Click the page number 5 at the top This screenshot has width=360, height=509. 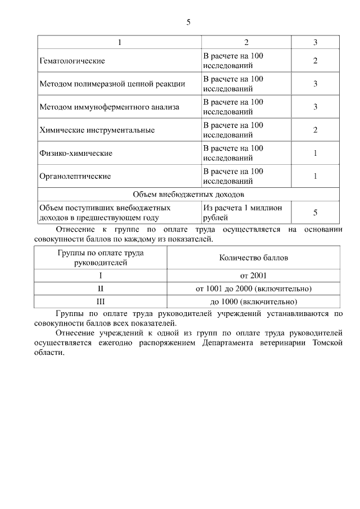click(x=188, y=22)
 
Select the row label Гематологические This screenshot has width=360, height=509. click(x=72, y=61)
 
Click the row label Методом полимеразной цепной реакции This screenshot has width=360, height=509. click(x=112, y=84)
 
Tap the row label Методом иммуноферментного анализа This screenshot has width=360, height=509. click(x=109, y=107)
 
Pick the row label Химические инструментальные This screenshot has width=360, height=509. click(x=97, y=130)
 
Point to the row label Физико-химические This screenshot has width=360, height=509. click(x=76, y=153)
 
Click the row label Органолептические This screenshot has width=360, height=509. click(x=75, y=176)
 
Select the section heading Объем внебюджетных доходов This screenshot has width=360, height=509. click(x=188, y=195)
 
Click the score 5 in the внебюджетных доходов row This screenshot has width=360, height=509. click(x=315, y=212)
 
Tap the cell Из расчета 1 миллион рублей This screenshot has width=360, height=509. click(x=238, y=212)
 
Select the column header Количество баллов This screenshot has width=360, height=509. click(x=253, y=258)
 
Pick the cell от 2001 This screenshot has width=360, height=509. click(x=253, y=276)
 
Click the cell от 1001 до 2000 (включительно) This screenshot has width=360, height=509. click(x=253, y=289)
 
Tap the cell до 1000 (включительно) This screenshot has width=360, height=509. click(x=253, y=301)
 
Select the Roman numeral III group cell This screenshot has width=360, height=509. click(x=101, y=301)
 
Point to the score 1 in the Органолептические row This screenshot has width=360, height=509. click(x=315, y=176)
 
